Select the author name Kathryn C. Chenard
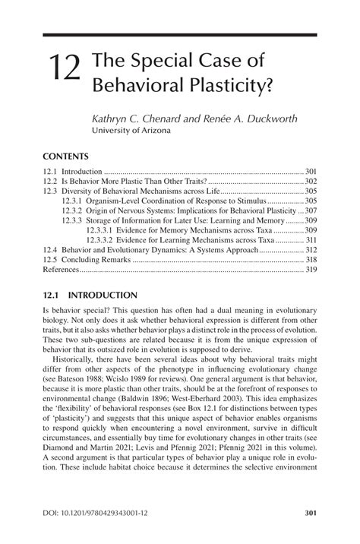coord(136,118)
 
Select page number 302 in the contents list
coord(310,182)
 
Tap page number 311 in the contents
coord(310,239)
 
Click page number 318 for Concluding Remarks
coord(310,259)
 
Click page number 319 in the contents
coord(310,269)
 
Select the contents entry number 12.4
coord(49,249)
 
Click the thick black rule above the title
coord(179,36)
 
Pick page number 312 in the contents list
coord(310,249)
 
